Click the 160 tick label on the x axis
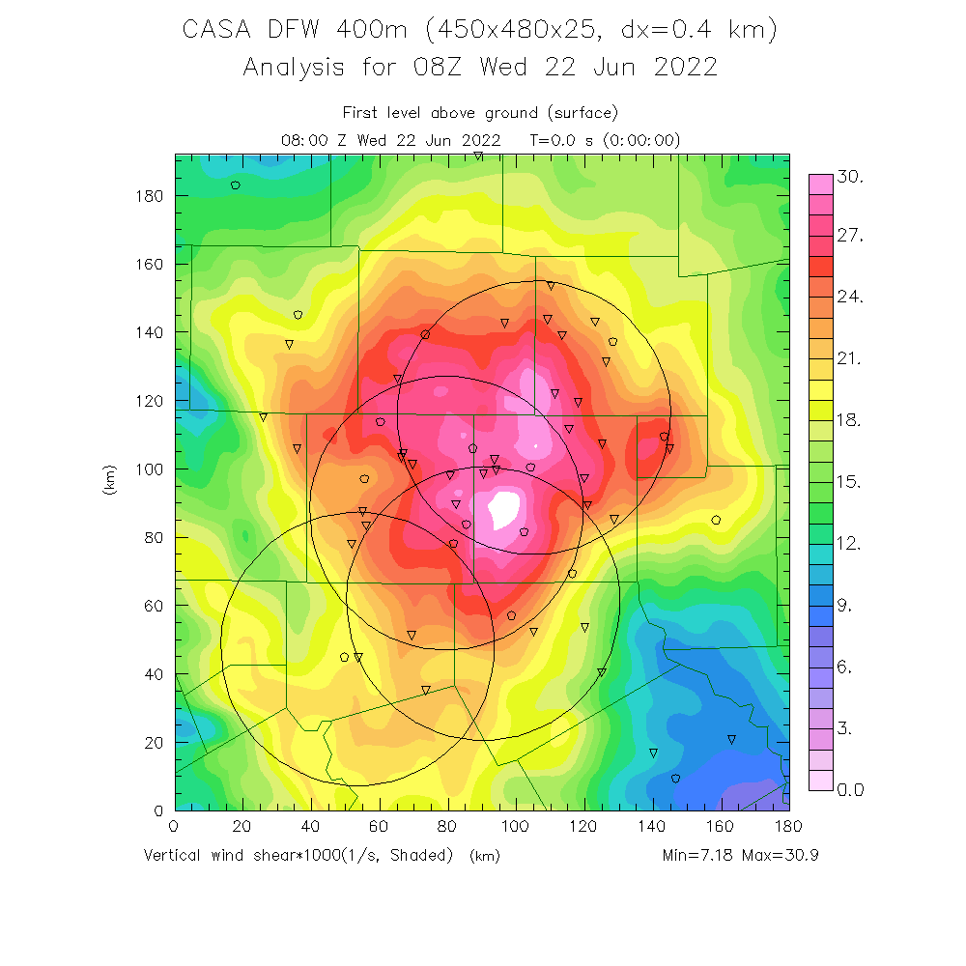[721, 828]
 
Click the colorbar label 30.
[851, 178]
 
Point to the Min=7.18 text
[697, 856]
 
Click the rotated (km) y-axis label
[110, 482]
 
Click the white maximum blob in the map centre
[505, 504]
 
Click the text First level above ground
[444, 113]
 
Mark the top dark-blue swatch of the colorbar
[820, 607]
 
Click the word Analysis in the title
[294, 68]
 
